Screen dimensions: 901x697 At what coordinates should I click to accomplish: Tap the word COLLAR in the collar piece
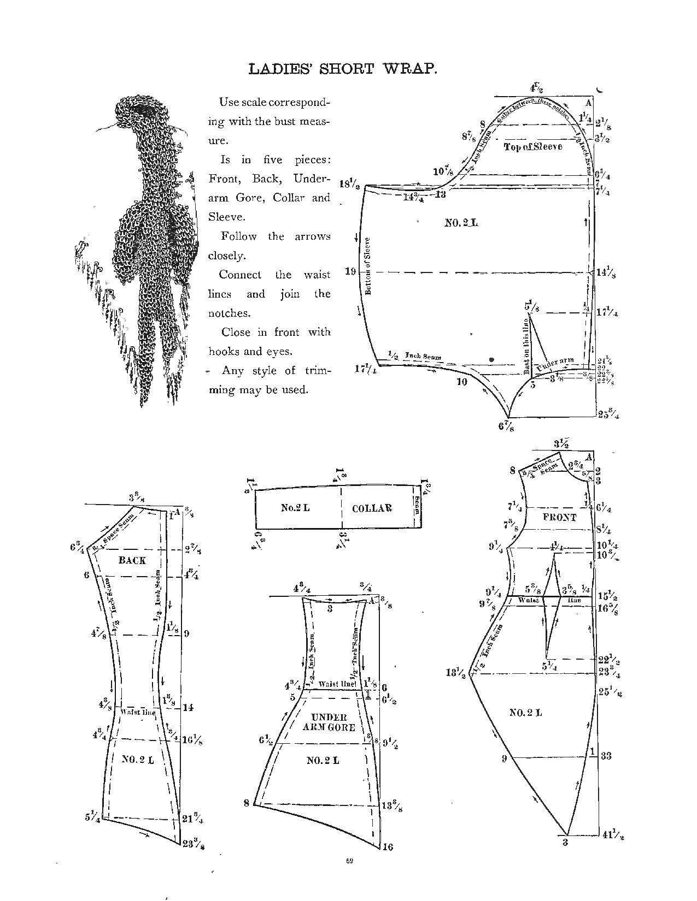[x=372, y=508]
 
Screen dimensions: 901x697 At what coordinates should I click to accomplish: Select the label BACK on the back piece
[x=132, y=560]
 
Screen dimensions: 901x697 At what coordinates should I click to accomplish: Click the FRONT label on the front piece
[x=560, y=517]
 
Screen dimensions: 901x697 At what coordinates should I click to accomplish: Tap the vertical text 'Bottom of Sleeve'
[x=368, y=266]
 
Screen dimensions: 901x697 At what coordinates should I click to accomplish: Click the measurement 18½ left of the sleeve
[x=349, y=184]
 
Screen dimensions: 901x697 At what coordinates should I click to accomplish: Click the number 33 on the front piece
[x=606, y=756]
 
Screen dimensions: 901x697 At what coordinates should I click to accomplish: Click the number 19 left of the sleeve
[x=350, y=271]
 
